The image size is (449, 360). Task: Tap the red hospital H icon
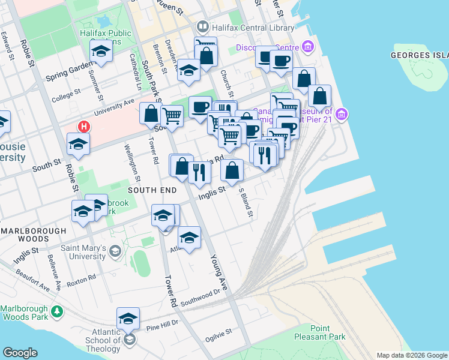84,127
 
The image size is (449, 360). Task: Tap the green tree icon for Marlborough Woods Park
56,311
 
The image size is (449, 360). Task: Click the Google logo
20,353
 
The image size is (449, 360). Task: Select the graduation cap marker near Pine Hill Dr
128,318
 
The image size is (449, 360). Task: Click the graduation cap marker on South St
78,143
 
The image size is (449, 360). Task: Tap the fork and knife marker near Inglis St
199,172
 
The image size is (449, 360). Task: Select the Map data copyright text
412,355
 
